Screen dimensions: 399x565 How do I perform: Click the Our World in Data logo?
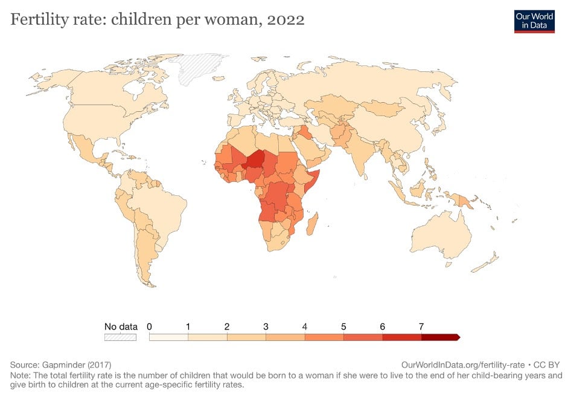(x=534, y=20)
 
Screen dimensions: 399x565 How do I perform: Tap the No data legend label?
(x=121, y=327)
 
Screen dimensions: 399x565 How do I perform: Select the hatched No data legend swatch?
(x=121, y=337)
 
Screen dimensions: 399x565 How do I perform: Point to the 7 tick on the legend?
(x=421, y=327)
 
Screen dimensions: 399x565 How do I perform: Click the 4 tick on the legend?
(x=305, y=327)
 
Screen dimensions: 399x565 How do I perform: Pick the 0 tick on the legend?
(x=149, y=327)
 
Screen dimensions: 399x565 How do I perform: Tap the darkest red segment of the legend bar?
(x=439, y=337)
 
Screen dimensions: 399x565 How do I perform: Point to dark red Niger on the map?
(x=256, y=159)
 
